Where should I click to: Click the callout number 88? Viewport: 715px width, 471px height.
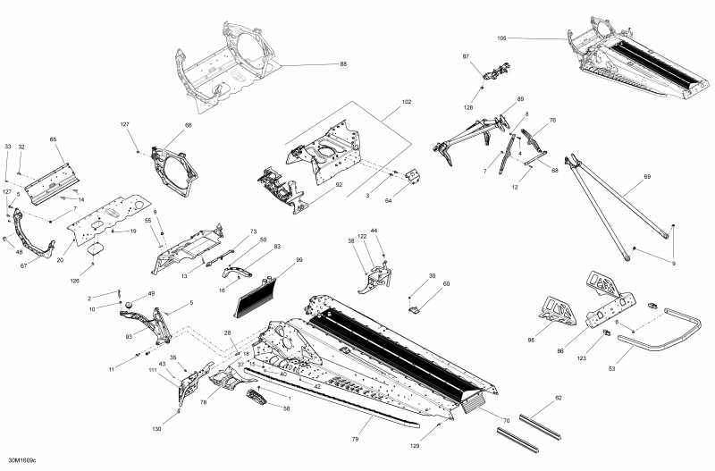343,64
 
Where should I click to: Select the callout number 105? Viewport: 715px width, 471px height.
501,38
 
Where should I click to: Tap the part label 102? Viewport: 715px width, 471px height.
407,103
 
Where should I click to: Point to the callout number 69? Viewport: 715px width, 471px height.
647,178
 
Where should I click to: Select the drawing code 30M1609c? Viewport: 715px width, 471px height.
20,461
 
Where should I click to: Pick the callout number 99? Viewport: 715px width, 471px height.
299,260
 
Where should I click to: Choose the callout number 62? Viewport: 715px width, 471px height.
559,398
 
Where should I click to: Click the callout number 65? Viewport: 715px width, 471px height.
53,140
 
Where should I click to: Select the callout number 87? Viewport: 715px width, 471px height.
466,56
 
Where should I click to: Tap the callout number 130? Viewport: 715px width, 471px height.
182,430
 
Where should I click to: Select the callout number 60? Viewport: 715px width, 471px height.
446,284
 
